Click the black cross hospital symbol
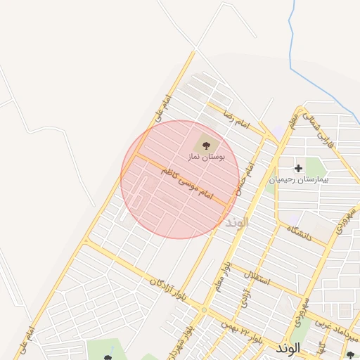tap(299, 168)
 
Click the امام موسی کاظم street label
tap(186, 182)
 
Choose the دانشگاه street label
tap(299, 233)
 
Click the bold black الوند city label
tap(289, 348)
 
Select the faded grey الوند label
tap(238, 223)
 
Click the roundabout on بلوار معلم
tap(204, 309)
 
